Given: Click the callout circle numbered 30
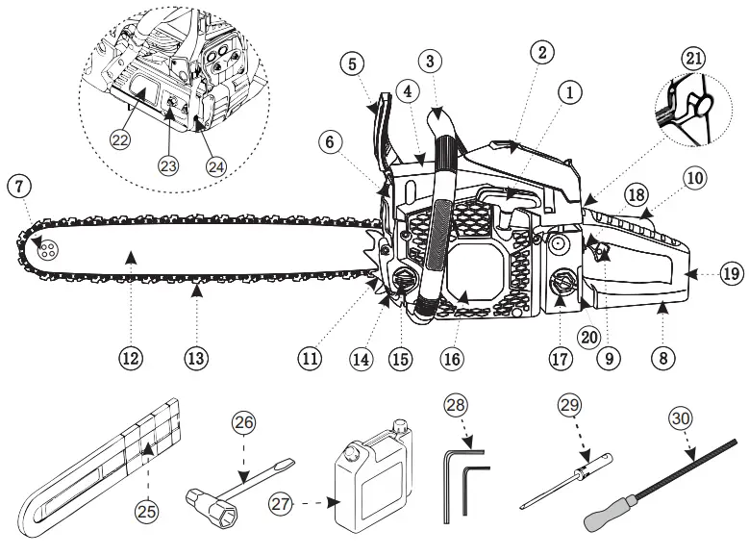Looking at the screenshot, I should click(x=681, y=419).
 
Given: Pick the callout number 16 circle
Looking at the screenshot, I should click(x=453, y=359).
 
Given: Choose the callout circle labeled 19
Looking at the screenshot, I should click(x=731, y=273).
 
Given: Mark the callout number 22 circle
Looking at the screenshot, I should click(x=119, y=140).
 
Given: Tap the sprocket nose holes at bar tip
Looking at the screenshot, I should click(x=47, y=249).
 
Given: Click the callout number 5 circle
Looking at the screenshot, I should click(x=353, y=64).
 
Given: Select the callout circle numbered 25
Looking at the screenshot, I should click(x=146, y=512).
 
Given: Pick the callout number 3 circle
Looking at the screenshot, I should click(x=431, y=61).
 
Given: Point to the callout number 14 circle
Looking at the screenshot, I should click(x=361, y=359).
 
